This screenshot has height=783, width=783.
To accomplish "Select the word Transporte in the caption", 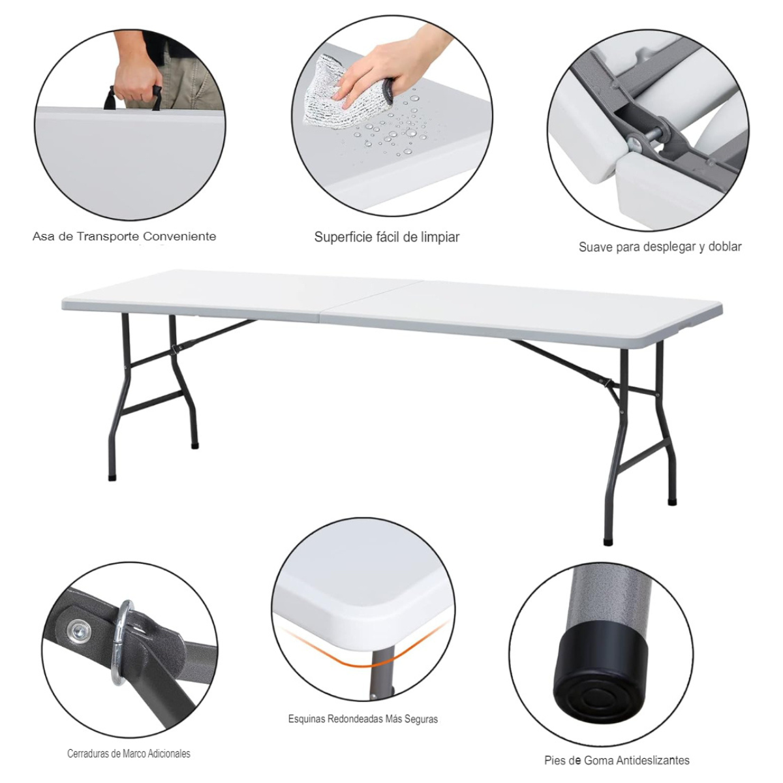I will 108,236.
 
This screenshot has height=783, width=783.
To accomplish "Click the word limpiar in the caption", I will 439,238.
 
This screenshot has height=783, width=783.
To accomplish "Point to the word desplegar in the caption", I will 669,247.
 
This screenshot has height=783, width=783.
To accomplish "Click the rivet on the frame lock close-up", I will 80,630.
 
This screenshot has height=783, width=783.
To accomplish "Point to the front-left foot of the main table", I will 112,477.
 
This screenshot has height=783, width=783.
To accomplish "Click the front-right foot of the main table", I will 608,541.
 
